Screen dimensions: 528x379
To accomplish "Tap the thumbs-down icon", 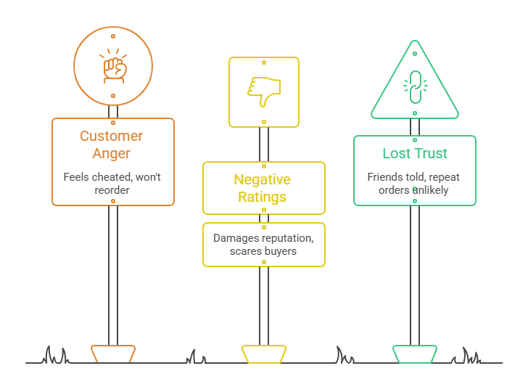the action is point(264,91).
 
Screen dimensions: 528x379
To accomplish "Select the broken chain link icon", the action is point(416,86).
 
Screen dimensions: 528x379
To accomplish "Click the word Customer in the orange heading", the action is point(112,136).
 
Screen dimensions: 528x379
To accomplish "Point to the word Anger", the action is point(112,153).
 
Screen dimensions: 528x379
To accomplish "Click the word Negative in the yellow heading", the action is point(263,180).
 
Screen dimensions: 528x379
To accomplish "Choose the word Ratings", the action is point(263,197).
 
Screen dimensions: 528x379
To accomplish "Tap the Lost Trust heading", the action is point(415,153).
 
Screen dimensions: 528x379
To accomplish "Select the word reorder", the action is point(112,190).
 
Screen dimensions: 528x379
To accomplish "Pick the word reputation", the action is point(284,238).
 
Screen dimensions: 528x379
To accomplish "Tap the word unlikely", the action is point(431,190).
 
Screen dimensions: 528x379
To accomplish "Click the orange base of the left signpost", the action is point(113,354).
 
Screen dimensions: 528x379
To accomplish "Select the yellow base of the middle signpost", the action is point(264,354).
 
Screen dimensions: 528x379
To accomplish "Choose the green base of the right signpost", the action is point(415,354).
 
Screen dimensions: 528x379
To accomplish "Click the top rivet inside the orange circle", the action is point(113,36).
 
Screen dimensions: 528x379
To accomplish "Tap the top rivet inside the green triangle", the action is point(415,54).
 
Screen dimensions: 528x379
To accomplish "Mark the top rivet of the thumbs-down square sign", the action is point(264,62).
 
